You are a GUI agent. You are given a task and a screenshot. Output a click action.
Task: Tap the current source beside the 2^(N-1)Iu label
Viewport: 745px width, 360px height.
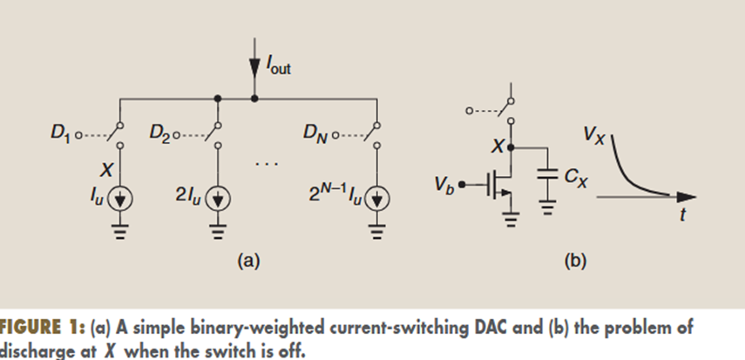376,200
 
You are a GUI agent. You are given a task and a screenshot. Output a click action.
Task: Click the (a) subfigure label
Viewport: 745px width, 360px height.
248,259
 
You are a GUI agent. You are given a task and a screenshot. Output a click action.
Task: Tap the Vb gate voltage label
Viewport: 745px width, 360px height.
445,184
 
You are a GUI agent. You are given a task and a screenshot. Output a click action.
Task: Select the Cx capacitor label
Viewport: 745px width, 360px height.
575,177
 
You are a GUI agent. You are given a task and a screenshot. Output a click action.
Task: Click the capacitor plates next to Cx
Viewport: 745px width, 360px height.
547,174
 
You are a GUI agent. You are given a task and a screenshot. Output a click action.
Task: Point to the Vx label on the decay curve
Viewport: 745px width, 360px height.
596,135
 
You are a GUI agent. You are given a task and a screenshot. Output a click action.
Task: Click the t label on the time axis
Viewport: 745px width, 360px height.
683,216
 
